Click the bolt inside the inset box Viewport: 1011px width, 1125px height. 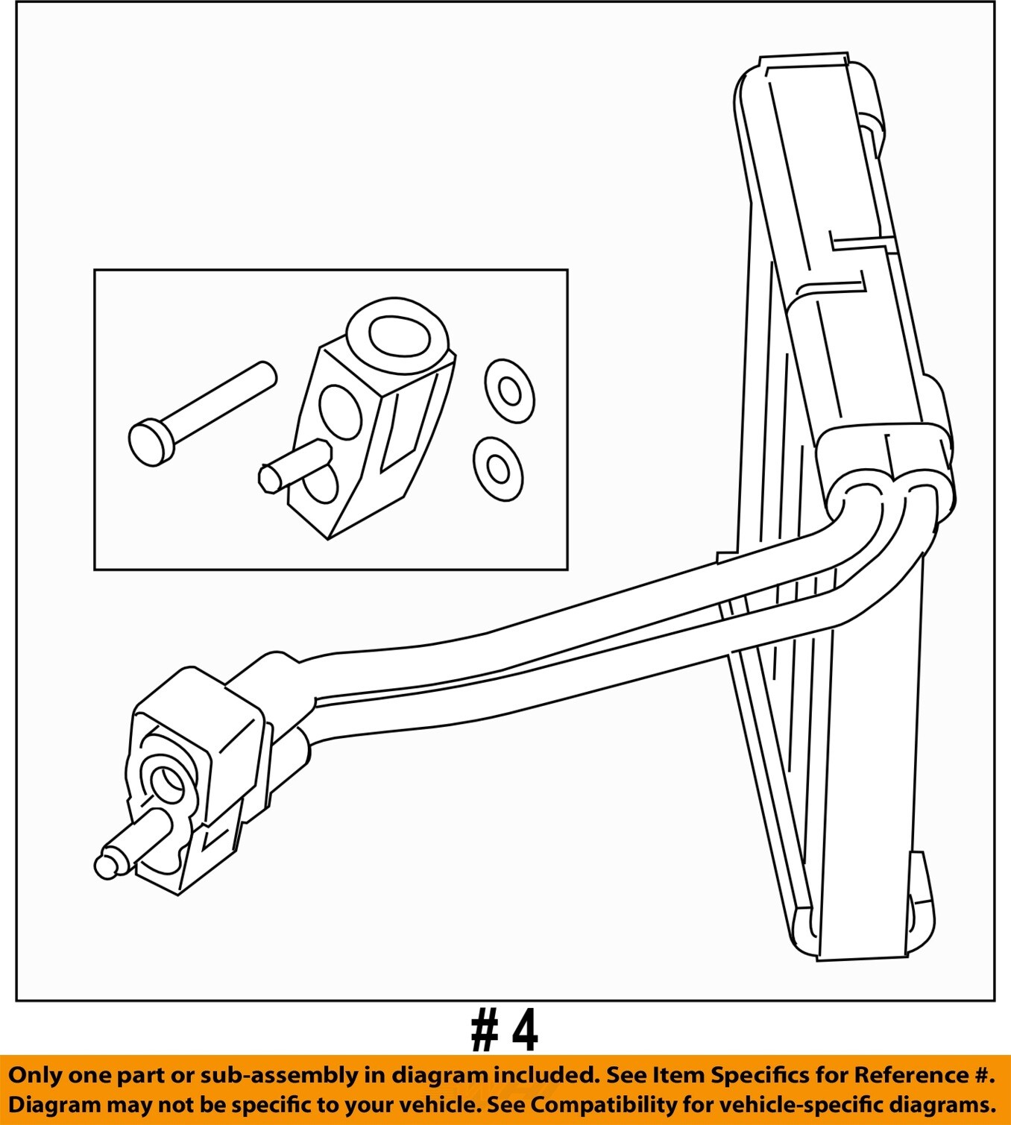pyautogui.click(x=203, y=413)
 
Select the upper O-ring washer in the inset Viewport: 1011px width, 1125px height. pyautogui.click(x=509, y=391)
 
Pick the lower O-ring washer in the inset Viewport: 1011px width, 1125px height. pyautogui.click(x=498, y=468)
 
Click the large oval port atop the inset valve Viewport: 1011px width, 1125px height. pyautogui.click(x=397, y=337)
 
